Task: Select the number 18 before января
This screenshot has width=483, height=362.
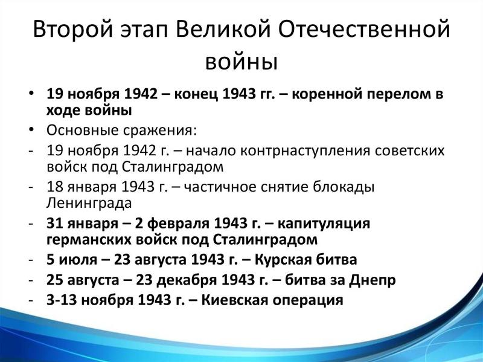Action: click(x=55, y=187)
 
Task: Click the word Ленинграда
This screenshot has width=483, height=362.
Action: click(x=89, y=204)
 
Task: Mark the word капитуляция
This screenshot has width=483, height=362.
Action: click(x=324, y=224)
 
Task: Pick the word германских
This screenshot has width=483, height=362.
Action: click(x=88, y=240)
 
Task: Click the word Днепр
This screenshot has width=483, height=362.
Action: click(x=372, y=280)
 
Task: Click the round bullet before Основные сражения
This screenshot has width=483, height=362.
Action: click(x=31, y=130)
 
